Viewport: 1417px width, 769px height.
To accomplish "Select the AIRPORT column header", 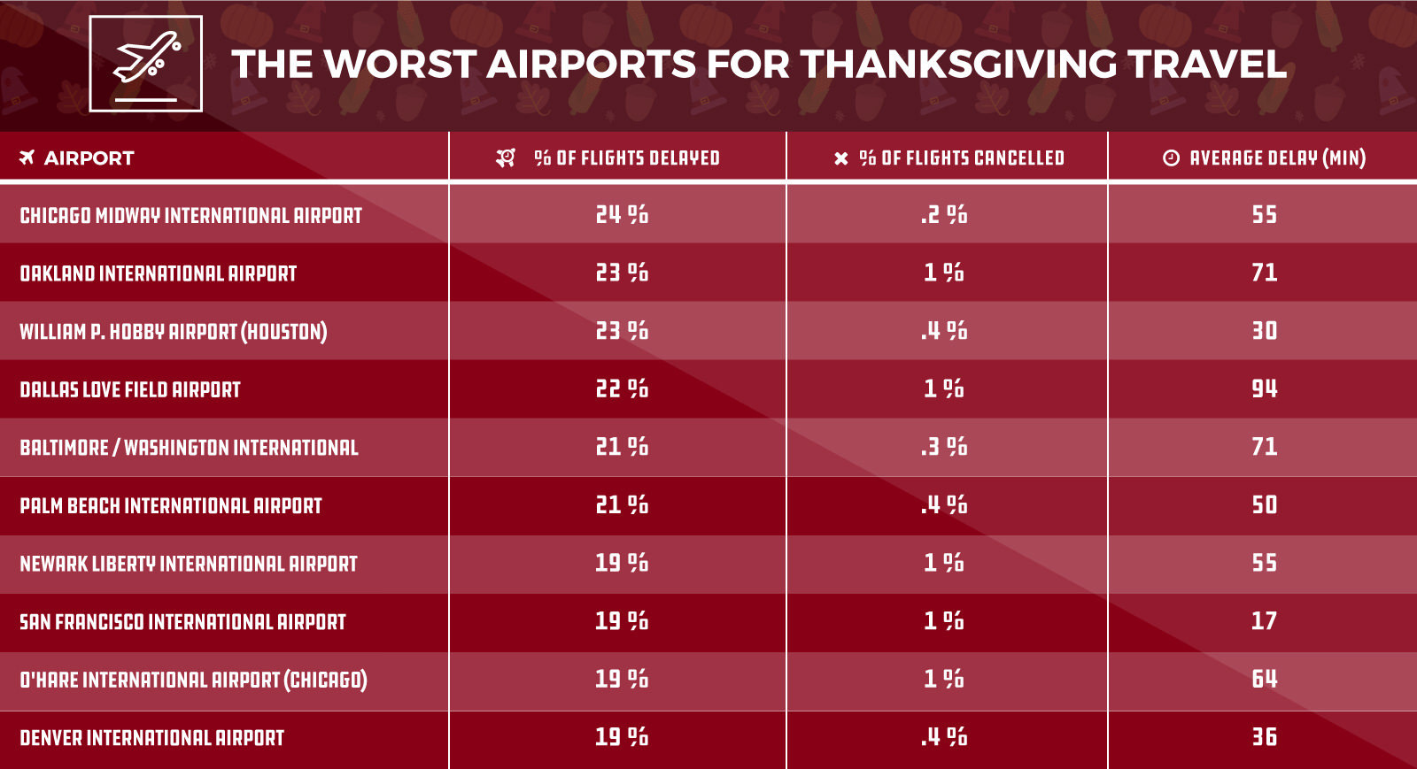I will [89, 158].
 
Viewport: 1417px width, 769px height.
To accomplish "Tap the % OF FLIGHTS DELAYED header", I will [626, 158].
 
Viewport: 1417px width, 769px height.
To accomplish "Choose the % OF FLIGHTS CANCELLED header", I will [961, 158].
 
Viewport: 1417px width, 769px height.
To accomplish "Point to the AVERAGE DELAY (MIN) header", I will [1277, 158].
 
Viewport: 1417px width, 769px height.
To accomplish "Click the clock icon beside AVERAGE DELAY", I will [1171, 158].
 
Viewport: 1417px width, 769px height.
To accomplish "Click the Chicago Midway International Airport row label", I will [190, 215].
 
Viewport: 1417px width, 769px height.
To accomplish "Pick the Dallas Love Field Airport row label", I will [130, 389].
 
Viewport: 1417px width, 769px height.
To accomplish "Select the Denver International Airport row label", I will [151, 738].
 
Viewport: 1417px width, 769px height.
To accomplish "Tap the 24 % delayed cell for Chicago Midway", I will [622, 214].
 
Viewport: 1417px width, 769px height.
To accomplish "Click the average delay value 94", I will [1264, 388].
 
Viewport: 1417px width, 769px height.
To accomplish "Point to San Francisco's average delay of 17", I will [1264, 621].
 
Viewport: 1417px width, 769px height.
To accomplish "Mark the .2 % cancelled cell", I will [944, 214].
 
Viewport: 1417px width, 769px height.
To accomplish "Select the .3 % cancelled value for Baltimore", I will [944, 447].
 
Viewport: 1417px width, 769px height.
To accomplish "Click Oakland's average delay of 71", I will [1264, 273].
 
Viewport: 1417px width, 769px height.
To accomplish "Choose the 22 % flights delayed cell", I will [622, 388].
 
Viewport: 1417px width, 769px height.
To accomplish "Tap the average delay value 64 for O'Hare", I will [1264, 679].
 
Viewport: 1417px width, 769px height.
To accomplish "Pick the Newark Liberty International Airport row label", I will [189, 564].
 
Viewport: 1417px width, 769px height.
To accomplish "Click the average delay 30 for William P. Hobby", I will [1264, 331].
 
